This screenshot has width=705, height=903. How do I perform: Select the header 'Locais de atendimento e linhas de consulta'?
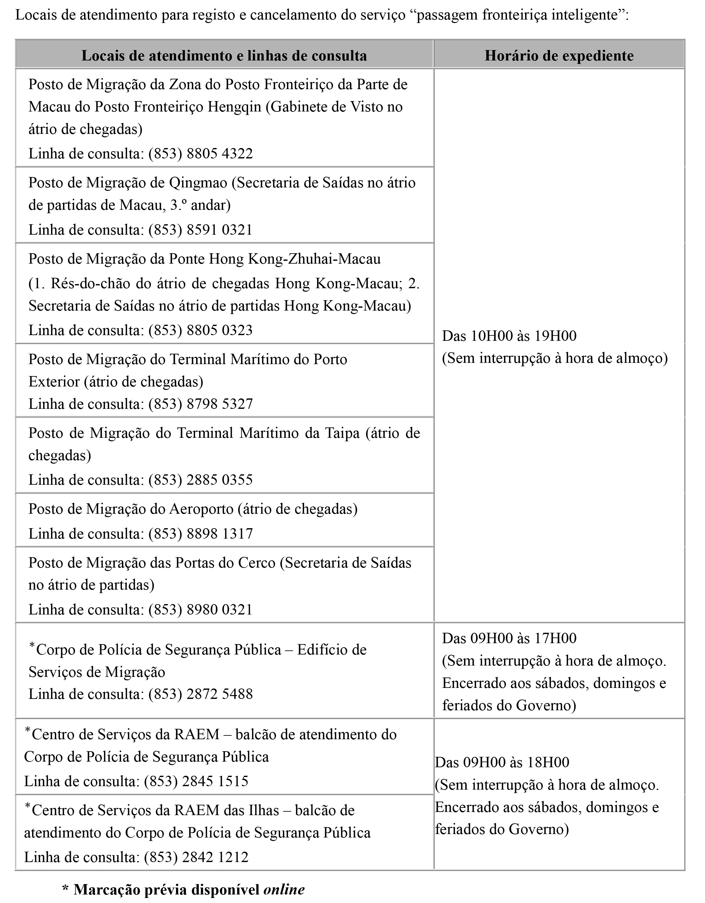[224, 56]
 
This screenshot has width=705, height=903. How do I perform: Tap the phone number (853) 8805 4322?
[201, 154]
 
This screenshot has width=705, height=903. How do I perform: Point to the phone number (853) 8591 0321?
[201, 230]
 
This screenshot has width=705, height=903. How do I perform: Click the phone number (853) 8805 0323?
[201, 330]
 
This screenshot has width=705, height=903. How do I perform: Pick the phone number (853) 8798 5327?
[201, 404]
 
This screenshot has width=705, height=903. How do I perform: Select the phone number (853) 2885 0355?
[201, 480]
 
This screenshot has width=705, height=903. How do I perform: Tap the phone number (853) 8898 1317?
[201, 534]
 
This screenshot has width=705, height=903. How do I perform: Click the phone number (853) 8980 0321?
[201, 610]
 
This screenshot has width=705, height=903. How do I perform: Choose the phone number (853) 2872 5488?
[201, 694]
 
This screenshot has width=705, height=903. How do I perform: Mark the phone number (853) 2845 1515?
[196, 781]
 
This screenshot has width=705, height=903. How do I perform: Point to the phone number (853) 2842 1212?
[196, 857]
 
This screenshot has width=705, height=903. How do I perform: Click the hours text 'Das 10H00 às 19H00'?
[509, 336]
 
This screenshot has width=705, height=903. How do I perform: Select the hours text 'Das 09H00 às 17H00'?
[509, 638]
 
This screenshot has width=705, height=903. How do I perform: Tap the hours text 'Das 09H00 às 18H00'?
[502, 762]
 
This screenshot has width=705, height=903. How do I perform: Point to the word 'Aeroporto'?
[201, 509]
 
